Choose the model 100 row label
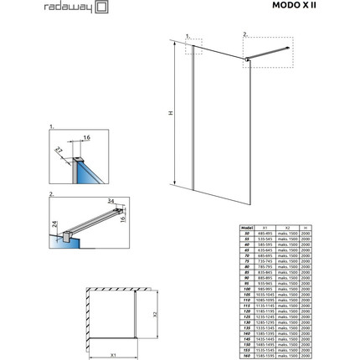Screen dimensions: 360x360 245,288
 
